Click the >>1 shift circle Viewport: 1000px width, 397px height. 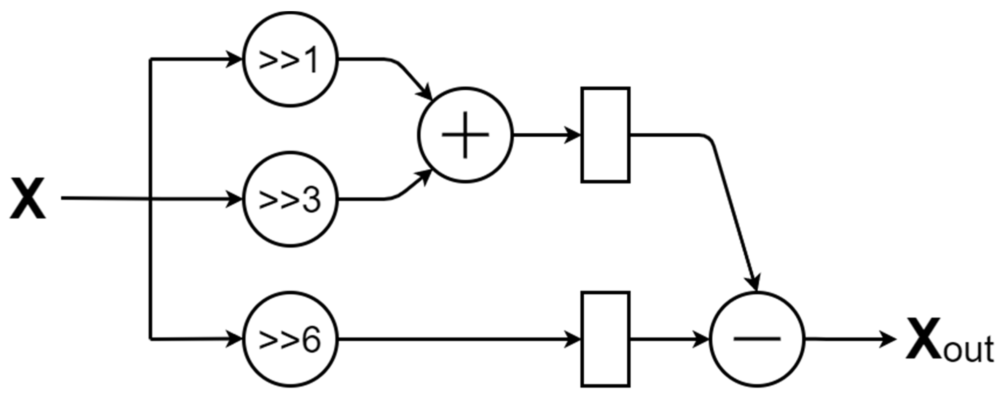[x=290, y=59]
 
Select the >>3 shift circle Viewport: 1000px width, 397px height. [x=290, y=199]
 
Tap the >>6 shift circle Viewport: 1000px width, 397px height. [x=290, y=339]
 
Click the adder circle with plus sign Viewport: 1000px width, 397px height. [x=465, y=135]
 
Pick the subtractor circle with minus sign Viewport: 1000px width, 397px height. [x=757, y=339]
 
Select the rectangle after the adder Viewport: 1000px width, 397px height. [x=605, y=135]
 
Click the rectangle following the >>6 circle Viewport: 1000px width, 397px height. [x=605, y=339]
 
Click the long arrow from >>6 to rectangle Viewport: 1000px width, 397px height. [x=458, y=339]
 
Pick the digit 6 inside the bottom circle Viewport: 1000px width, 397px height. [x=311, y=340]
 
